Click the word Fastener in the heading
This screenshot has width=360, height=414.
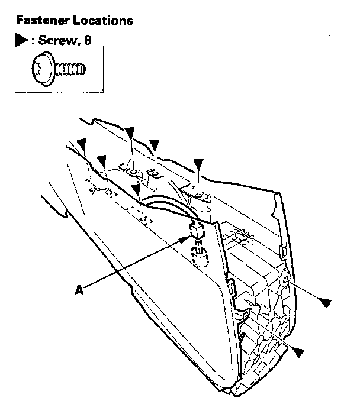pyautogui.click(x=40, y=21)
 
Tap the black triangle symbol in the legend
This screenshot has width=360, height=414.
pyautogui.click(x=21, y=42)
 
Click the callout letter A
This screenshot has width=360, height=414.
pyautogui.click(x=78, y=290)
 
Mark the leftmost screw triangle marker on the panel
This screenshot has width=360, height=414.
pyautogui.click(x=82, y=143)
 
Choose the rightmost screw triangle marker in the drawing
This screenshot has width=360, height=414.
pyautogui.click(x=323, y=303)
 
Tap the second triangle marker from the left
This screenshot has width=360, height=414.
pyautogui.click(x=102, y=160)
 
